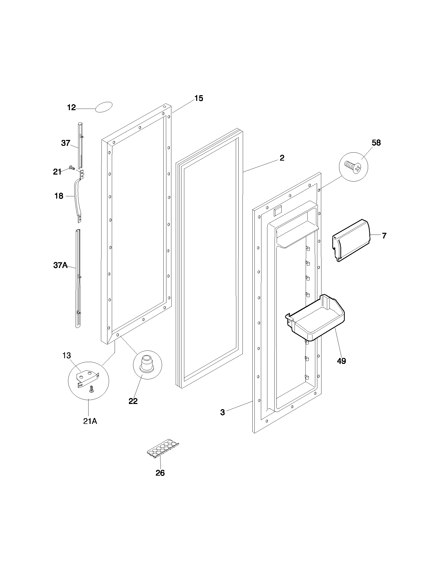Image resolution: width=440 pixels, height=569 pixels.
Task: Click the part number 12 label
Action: (x=71, y=107)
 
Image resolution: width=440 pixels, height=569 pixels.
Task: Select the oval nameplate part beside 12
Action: (x=104, y=107)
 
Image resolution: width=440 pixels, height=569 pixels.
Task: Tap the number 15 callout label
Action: (x=199, y=98)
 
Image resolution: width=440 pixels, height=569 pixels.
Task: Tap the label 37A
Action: (x=60, y=265)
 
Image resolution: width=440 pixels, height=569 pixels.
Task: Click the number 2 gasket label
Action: (x=282, y=158)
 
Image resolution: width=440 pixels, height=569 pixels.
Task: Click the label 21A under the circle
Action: (x=90, y=421)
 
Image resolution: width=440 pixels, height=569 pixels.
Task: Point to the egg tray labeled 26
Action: (x=163, y=448)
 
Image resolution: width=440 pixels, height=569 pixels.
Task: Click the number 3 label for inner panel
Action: (x=222, y=413)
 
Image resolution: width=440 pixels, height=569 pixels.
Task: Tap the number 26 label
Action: (x=160, y=473)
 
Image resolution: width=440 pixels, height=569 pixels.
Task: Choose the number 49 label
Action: (x=341, y=361)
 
